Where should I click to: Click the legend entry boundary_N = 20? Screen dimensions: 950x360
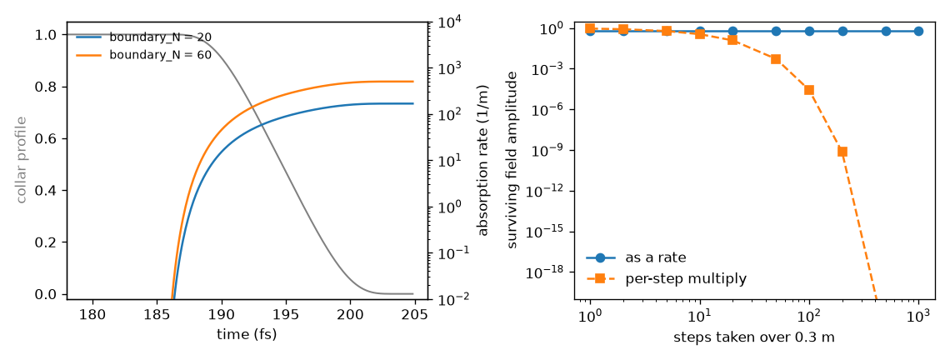143,37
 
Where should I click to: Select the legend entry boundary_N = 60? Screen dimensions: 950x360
143,54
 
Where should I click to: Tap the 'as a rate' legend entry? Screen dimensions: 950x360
636,257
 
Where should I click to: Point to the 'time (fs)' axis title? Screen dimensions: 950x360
247,334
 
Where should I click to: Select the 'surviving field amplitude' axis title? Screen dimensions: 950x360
512,159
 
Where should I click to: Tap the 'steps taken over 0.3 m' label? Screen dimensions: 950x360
754,337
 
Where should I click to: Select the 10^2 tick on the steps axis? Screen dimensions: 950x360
809,316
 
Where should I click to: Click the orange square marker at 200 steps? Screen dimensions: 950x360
842,152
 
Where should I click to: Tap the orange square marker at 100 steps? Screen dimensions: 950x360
809,90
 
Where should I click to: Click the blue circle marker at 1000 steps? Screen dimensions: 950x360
918,31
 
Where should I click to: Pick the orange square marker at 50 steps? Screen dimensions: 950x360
776,59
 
